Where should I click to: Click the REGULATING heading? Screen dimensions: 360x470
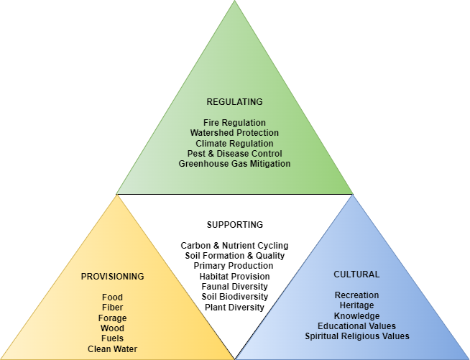click(x=234, y=101)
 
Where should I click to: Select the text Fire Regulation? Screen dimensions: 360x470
click(x=234, y=123)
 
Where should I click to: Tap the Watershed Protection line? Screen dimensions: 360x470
click(x=234, y=133)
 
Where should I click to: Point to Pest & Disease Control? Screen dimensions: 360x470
click(x=234, y=154)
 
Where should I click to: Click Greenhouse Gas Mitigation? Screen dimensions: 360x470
click(x=234, y=164)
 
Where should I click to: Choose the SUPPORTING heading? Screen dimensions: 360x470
click(x=234, y=224)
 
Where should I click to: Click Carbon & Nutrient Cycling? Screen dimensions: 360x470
click(x=234, y=245)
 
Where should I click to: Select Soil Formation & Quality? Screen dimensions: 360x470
click(x=234, y=255)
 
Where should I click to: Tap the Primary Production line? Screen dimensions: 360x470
click(x=234, y=266)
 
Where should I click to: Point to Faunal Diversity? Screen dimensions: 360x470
click(x=234, y=287)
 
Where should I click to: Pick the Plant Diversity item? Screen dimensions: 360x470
click(x=234, y=308)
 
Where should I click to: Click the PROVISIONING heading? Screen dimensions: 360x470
click(x=112, y=277)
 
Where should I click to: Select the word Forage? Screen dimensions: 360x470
click(x=112, y=318)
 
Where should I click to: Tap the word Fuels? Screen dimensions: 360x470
click(x=112, y=339)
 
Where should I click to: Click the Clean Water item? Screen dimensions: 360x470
click(x=112, y=349)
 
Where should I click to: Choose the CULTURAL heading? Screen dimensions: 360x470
click(x=356, y=274)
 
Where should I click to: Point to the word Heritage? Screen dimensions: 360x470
click(x=356, y=305)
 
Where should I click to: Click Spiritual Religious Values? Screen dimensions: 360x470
click(x=356, y=336)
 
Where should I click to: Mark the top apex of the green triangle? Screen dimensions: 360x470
click(x=235, y=2)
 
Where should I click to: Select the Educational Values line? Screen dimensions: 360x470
click(x=356, y=326)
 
